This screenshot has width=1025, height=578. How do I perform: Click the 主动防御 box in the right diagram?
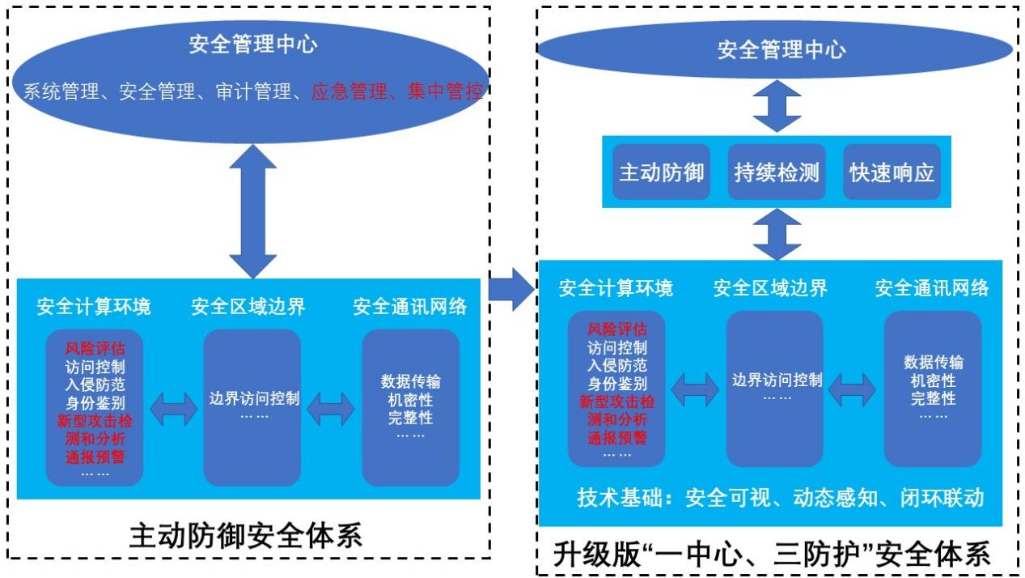661,172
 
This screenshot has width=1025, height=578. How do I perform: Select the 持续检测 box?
776,172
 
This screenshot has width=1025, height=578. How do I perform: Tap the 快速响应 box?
892,172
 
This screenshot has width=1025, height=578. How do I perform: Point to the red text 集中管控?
445,92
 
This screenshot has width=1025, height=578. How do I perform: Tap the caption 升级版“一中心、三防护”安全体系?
772,555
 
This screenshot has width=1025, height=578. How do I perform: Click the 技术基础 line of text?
780,497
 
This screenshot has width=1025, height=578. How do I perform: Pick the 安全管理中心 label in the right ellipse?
781,50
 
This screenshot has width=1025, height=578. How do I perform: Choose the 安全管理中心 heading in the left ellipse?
253,44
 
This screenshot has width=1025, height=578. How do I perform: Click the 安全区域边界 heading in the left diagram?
248,307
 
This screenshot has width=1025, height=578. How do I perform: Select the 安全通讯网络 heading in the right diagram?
931,288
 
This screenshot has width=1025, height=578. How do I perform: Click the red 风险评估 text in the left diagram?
95,349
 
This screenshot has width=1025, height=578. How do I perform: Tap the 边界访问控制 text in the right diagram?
777,380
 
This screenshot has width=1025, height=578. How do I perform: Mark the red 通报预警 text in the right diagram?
617,438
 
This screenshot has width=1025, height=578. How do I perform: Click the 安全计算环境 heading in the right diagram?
616,288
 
